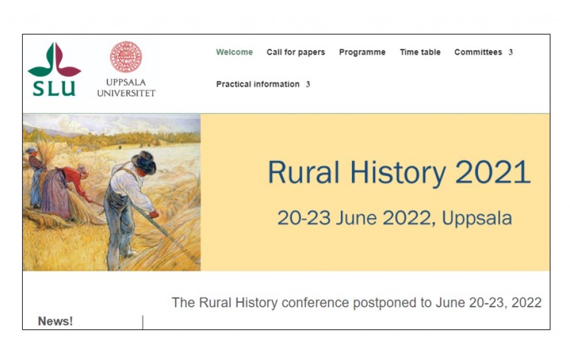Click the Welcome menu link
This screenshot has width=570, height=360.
point(234,52)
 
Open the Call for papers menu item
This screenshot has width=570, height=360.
point(296,52)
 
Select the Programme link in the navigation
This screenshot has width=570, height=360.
point(362,52)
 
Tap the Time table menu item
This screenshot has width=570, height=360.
point(420,52)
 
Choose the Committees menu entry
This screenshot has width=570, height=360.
point(478,52)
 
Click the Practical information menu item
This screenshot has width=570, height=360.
point(258,84)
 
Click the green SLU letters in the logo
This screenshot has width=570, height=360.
point(54,88)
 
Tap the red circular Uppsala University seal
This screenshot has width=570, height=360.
point(126,57)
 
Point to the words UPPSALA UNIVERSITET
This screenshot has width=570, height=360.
point(126,87)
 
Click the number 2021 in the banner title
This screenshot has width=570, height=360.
point(493,172)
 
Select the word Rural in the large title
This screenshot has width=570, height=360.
point(303,172)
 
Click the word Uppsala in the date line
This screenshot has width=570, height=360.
point(476,218)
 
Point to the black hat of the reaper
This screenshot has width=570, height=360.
point(144,162)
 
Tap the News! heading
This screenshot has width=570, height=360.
point(55,321)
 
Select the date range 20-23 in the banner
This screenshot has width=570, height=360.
point(304,218)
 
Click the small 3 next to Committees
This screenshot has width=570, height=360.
point(510,52)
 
